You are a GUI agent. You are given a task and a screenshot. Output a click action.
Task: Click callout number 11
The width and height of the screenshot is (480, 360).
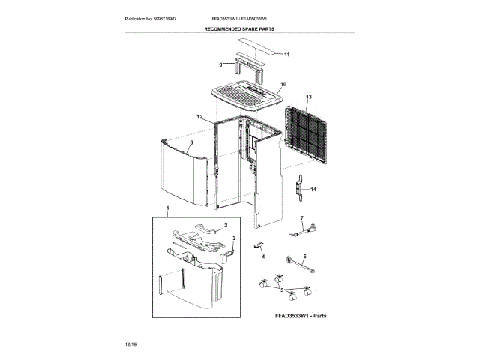coord(286,54)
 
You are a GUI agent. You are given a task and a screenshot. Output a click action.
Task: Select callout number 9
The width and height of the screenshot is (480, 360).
coord(221,65)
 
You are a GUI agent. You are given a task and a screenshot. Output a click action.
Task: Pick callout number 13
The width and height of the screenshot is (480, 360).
coord(308,97)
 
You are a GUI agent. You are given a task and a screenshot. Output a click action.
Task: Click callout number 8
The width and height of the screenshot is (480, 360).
coord(191,142)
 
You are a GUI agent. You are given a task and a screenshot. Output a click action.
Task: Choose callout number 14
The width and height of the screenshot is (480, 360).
coord(314,190)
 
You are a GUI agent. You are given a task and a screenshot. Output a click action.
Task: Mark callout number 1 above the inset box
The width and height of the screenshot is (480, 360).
coord(167,206)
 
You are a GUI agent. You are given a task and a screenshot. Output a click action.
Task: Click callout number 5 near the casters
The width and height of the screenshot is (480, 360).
coord(282,289)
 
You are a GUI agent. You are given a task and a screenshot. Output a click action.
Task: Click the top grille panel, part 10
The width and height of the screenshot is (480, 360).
coord(246,94)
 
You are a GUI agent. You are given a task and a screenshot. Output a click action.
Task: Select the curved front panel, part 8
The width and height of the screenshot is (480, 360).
coord(184,176)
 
